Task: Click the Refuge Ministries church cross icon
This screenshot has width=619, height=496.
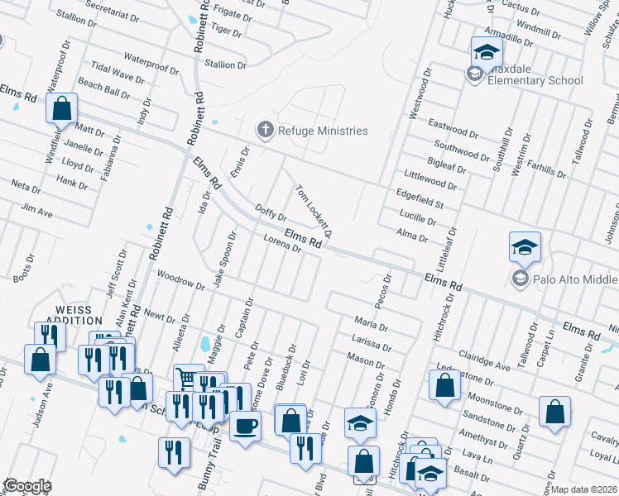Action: (265, 130)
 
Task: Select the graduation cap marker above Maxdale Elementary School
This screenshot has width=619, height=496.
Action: (487, 52)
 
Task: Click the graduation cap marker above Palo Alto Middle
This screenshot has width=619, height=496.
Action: (525, 247)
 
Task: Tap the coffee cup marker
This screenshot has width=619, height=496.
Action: (245, 427)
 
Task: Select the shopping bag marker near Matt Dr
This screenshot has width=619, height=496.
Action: (61, 108)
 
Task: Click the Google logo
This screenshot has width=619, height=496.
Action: (26, 486)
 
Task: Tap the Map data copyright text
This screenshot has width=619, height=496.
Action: (584, 489)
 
